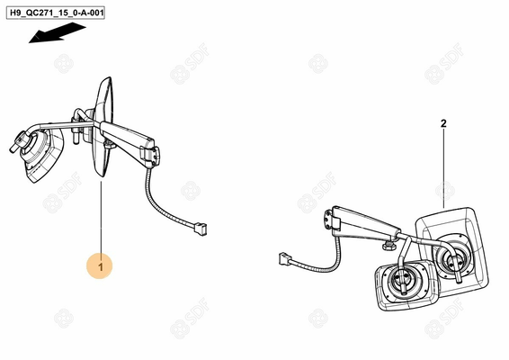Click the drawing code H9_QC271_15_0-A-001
(x=67, y=15)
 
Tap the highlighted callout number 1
(x=102, y=266)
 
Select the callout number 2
(x=443, y=121)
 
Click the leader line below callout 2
(x=443, y=166)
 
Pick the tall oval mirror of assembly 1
(x=101, y=126)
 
